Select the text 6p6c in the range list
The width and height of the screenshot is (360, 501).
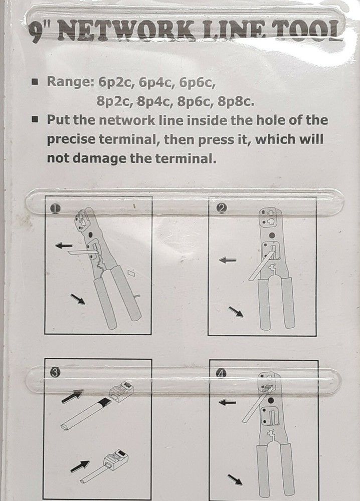tap(197, 83)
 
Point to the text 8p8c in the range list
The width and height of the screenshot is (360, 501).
tap(236, 102)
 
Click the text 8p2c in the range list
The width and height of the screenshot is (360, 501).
tap(115, 102)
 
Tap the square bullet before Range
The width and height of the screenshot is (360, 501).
tap(35, 82)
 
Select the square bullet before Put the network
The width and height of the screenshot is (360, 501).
tap(35, 120)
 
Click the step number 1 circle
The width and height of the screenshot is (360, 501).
tap(55, 208)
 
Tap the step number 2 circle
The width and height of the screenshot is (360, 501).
tap(221, 208)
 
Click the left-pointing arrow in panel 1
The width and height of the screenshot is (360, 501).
tap(64, 245)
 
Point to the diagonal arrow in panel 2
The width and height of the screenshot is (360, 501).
tap(236, 312)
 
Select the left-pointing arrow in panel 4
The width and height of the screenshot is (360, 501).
tap(227, 402)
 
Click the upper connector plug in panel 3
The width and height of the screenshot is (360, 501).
tap(121, 392)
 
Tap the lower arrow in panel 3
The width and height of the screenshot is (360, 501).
tap(80, 466)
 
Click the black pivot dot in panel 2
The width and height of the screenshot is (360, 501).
tap(272, 235)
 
